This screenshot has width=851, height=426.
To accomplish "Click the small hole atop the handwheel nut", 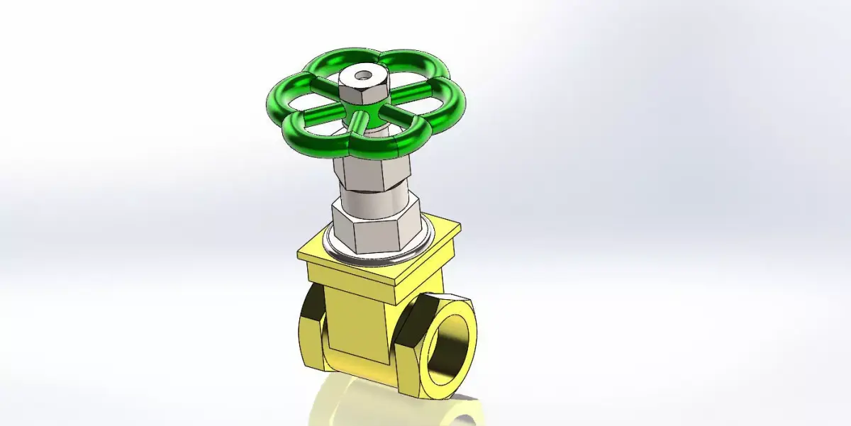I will tap(364, 72).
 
